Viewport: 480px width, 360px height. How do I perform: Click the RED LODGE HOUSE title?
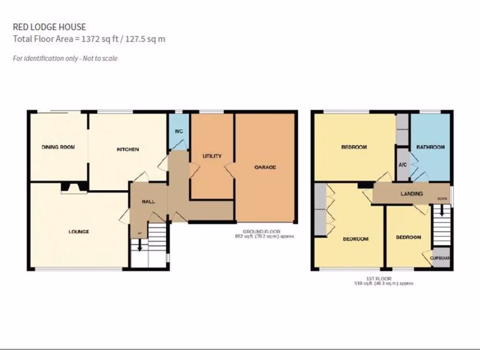[x=49, y=28]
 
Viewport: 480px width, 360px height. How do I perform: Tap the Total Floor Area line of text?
[x=89, y=39]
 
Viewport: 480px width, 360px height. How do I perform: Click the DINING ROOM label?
[x=58, y=147]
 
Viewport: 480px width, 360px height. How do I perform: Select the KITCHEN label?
[x=127, y=150]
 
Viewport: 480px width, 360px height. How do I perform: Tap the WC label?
[x=179, y=131]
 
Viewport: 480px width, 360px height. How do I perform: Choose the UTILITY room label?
[x=212, y=156]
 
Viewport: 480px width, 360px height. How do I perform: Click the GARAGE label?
[x=265, y=167]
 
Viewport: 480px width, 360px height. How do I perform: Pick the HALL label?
[x=148, y=202]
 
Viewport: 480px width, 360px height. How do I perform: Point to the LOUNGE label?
[x=79, y=232]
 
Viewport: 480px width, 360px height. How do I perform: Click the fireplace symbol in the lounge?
[x=74, y=188]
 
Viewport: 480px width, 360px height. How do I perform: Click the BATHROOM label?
[x=430, y=147]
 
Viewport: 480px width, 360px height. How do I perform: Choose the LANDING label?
[x=412, y=194]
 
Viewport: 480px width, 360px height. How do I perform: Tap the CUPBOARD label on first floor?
[x=441, y=258]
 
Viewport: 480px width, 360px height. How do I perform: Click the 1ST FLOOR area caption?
[x=384, y=281]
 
